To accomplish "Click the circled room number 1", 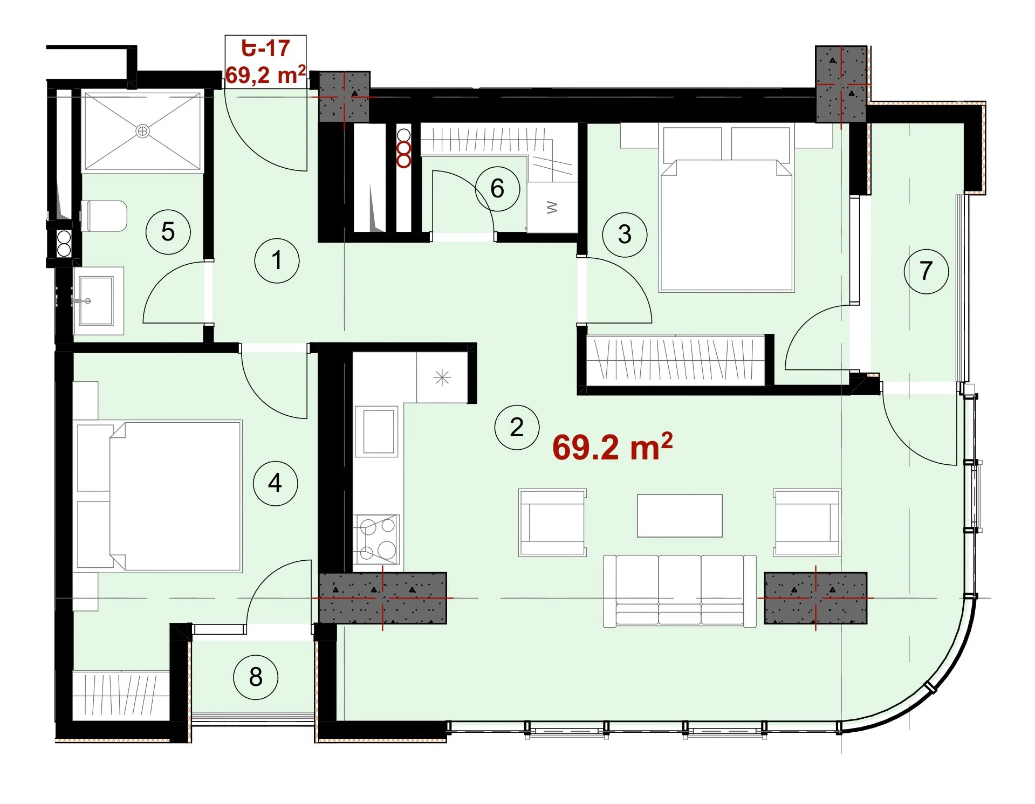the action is tap(277, 260).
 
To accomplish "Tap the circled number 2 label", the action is tap(517, 428).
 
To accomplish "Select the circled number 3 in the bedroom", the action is tap(625, 235).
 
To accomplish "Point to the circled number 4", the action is tap(275, 483).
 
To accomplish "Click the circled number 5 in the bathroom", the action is tap(168, 232).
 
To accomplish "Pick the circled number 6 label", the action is tap(497, 189).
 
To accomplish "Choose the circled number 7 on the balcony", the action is tap(926, 271).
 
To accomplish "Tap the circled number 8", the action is tap(256, 677).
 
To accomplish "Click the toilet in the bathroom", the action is tap(104, 216).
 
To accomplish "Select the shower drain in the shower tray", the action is tap(142, 131).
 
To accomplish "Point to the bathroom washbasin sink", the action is tap(96, 301).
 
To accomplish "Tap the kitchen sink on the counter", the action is tap(379, 431).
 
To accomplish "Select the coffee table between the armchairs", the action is tap(680, 516).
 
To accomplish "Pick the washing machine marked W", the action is tap(552, 208).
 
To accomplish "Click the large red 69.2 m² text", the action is tap(613, 447).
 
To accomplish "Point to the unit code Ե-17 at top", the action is tap(266, 48).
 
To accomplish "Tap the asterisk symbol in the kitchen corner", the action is tap(442, 377).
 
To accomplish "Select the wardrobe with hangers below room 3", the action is tap(675, 360).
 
